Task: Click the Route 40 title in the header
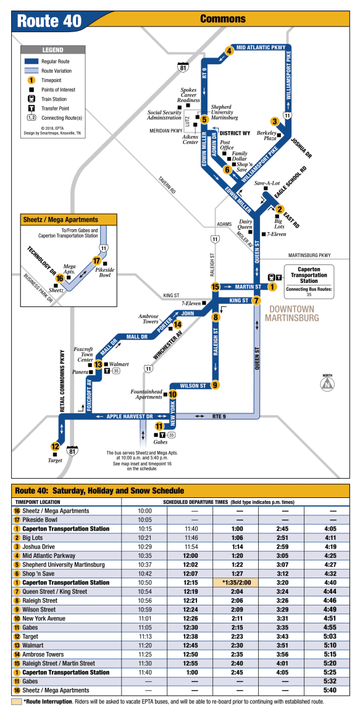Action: click(x=49, y=21)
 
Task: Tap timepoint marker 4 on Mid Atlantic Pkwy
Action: click(x=230, y=51)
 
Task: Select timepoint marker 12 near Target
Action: click(x=54, y=445)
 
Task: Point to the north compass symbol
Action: click(x=327, y=385)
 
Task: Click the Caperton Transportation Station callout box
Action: click(x=309, y=282)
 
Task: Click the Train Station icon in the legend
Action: click(x=31, y=99)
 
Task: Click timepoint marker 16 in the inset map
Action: click(x=59, y=278)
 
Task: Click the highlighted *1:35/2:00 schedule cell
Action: click(x=235, y=583)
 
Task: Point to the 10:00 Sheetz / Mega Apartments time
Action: click(x=144, y=511)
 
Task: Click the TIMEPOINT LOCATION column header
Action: click(x=38, y=502)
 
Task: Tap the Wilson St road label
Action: click(x=193, y=386)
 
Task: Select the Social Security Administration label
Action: click(x=164, y=115)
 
